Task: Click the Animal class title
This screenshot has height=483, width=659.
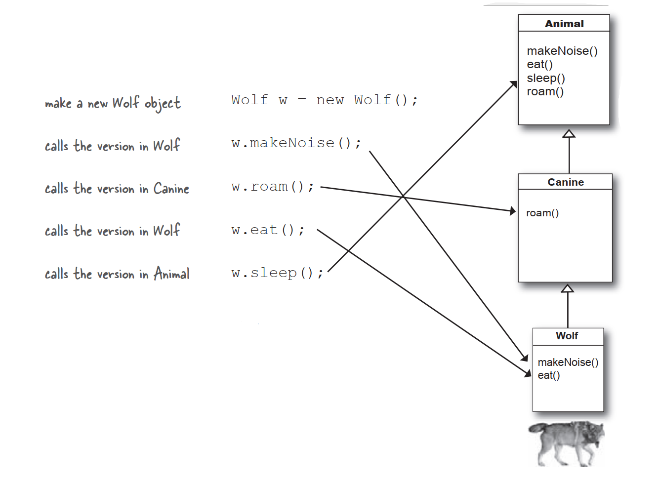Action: (x=564, y=24)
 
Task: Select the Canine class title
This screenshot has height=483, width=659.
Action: (x=565, y=182)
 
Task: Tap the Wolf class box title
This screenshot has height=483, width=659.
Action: (x=567, y=336)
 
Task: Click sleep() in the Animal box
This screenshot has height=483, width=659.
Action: (x=545, y=78)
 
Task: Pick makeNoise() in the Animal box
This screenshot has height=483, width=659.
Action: (x=562, y=51)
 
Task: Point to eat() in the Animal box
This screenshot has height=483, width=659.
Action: (x=539, y=64)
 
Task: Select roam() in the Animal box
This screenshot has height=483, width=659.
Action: (x=545, y=91)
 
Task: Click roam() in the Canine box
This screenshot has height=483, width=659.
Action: (x=542, y=213)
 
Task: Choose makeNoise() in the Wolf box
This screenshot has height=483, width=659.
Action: (x=568, y=362)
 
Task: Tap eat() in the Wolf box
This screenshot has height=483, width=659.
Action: (x=548, y=375)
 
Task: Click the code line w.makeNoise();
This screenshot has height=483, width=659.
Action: (x=296, y=143)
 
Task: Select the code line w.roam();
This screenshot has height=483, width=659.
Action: (x=272, y=187)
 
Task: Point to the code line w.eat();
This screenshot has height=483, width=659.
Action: (x=268, y=230)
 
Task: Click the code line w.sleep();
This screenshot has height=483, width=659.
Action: (x=277, y=273)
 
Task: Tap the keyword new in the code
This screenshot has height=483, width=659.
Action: (x=329, y=100)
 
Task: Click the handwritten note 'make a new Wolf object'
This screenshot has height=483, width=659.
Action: (x=113, y=103)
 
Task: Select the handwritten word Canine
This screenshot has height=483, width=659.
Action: (x=171, y=189)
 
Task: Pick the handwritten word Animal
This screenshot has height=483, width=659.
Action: (x=171, y=274)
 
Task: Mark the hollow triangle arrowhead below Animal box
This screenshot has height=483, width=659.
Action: (x=569, y=134)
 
